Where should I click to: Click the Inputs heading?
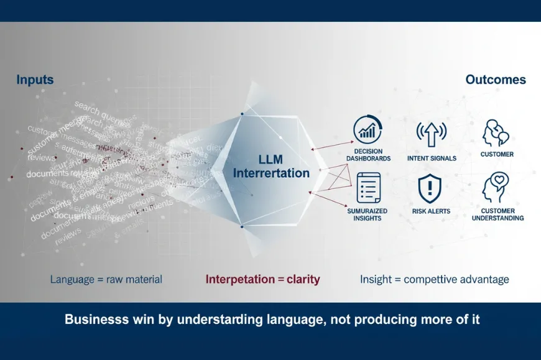point(35,80)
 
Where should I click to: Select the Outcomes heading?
point(495,80)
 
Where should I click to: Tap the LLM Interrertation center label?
point(271,166)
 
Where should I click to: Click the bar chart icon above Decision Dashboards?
point(368,129)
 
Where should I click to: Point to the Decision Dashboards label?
point(368,155)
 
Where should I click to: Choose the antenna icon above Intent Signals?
point(432,133)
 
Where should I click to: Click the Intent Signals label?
point(432,159)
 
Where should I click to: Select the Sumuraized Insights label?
point(367,215)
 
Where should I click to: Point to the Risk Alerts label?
point(431,211)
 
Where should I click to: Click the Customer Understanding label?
point(497,215)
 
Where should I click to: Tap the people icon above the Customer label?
point(496,132)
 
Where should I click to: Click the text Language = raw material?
point(106,279)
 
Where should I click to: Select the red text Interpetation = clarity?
point(262,279)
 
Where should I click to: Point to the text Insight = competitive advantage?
point(434,279)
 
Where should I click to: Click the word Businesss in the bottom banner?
point(95,320)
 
